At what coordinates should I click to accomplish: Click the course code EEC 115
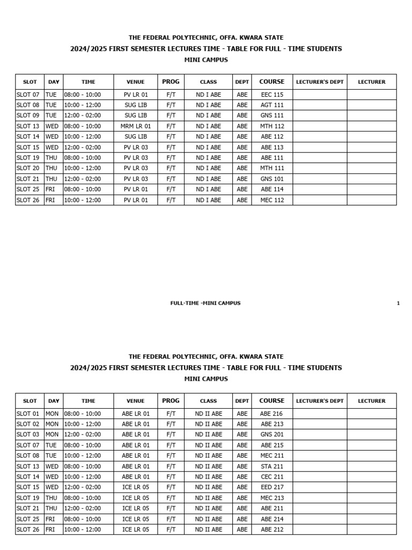(x=271, y=95)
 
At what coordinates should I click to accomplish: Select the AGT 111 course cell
(x=271, y=105)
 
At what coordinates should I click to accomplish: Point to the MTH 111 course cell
(x=271, y=168)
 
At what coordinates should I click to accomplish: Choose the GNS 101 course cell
(x=271, y=179)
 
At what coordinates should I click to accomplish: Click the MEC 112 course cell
(x=271, y=200)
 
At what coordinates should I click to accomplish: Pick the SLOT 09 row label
(x=28, y=115)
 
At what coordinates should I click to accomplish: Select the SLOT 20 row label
(x=28, y=168)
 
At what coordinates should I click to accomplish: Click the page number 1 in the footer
(x=398, y=303)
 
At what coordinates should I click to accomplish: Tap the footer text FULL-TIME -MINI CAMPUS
(x=205, y=303)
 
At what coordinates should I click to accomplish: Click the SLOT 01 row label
(x=28, y=414)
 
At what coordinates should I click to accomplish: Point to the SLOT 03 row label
(x=28, y=435)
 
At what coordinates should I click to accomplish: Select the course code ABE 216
(x=271, y=414)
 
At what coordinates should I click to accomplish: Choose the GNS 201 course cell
(x=271, y=435)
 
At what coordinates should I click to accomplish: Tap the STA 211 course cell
(x=271, y=466)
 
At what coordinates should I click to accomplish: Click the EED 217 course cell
(x=271, y=487)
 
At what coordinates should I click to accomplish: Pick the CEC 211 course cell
(x=271, y=477)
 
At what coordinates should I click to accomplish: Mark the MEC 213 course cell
(x=271, y=498)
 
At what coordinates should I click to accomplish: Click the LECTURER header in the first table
(x=371, y=82)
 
